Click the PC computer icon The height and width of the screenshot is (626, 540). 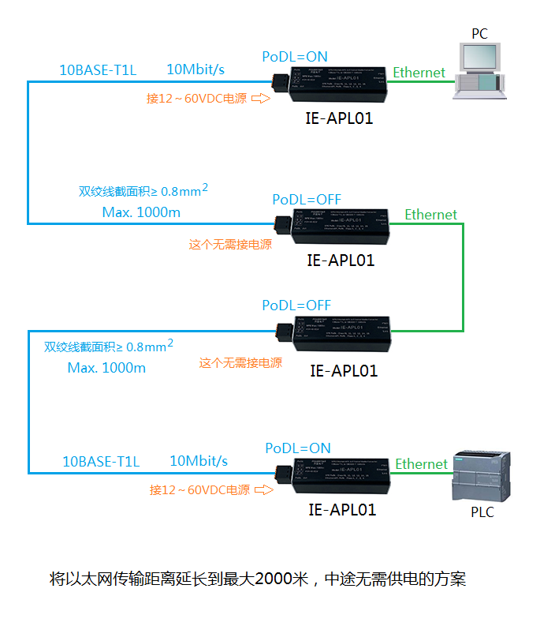tap(479, 69)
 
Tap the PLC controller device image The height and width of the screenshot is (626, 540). tap(479, 477)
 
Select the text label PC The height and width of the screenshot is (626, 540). tap(479, 33)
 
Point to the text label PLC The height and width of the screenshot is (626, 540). tap(482, 512)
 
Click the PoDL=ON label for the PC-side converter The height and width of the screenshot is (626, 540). tap(295, 57)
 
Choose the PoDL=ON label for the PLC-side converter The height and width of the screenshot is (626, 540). tap(298, 448)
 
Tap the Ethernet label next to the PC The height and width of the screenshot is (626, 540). tap(419, 73)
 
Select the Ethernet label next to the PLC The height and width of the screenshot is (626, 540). tap(421, 464)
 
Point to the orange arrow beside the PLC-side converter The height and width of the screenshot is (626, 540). tap(264, 490)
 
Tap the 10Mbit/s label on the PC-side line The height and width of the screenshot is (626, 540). tap(196, 69)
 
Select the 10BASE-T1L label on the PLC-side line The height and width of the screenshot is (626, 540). tap(101, 462)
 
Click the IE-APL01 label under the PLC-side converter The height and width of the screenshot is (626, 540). tap(342, 510)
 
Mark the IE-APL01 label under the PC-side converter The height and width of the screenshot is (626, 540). tap(339, 119)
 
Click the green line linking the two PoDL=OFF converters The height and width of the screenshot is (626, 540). tap(463, 276)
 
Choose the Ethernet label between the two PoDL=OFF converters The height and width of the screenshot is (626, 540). tap(430, 214)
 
